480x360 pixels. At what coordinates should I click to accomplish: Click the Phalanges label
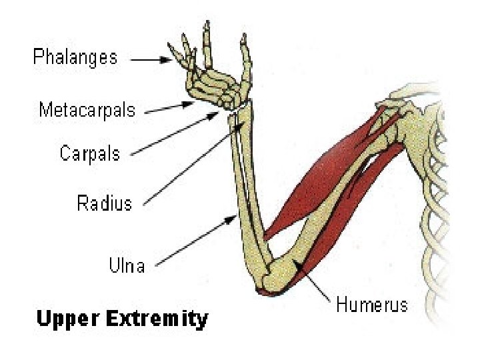coord(75,57)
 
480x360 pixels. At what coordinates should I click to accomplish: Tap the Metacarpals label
coord(87,109)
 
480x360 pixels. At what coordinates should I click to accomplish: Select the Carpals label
coord(90,154)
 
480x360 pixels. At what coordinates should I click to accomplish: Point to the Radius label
coord(105,203)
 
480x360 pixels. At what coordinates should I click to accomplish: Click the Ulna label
coord(127,265)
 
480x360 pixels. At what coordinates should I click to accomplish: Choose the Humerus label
coord(371,305)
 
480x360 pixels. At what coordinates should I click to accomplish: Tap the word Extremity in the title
coord(158,320)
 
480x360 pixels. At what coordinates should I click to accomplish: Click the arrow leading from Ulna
coord(200,239)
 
